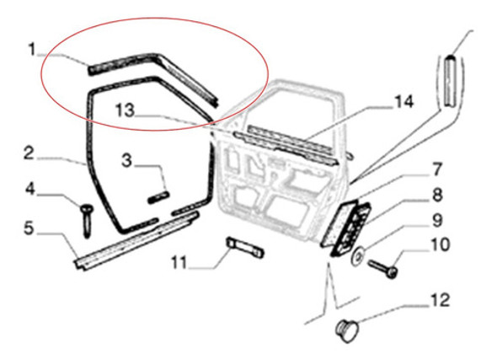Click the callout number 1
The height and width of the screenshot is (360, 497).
[32, 50]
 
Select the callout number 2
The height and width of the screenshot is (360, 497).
[29, 153]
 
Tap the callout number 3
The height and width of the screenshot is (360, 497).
[127, 160]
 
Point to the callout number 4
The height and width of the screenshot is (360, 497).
[29, 190]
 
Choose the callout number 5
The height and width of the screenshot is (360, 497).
[29, 228]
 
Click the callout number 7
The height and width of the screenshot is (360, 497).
[437, 169]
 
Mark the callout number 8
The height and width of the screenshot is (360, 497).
[438, 195]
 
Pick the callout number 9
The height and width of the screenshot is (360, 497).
[437, 220]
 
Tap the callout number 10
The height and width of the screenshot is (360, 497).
[441, 244]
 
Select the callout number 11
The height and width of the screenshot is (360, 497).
[179, 263]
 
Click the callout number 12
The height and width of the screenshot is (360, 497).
[441, 300]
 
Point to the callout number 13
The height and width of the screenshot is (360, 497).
[125, 110]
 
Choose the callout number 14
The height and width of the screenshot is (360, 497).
[403, 102]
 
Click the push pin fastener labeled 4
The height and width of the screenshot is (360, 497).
[86, 220]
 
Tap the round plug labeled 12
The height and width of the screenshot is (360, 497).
[347, 330]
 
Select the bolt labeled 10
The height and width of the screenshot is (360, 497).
[383, 269]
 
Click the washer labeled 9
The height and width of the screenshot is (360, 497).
[359, 255]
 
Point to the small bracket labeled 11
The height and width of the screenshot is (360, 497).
[244, 247]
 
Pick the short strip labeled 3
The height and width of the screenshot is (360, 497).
[158, 197]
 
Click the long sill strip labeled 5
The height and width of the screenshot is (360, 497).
[137, 240]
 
